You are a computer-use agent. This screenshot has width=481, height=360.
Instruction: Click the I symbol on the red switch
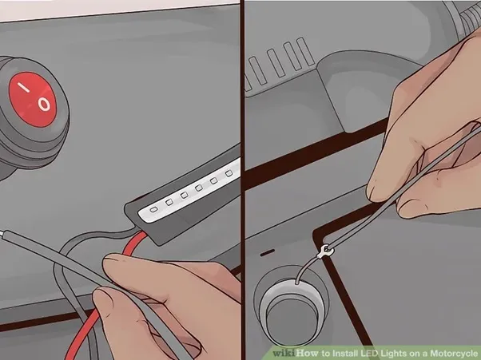click(24, 87)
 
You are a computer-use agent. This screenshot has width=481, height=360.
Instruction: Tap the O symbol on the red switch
click(44, 105)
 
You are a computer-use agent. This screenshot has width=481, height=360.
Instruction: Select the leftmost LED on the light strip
click(153, 210)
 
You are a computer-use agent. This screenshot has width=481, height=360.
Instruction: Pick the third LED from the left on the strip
click(184, 195)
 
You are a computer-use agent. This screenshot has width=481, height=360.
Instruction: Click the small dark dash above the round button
click(268, 253)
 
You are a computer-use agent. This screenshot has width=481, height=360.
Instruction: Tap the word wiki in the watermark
click(284, 353)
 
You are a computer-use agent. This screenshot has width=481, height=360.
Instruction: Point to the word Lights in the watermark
click(394, 354)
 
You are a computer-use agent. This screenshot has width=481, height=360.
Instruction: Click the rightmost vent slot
click(305, 51)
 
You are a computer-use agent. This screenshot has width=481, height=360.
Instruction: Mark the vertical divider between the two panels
click(242, 180)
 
